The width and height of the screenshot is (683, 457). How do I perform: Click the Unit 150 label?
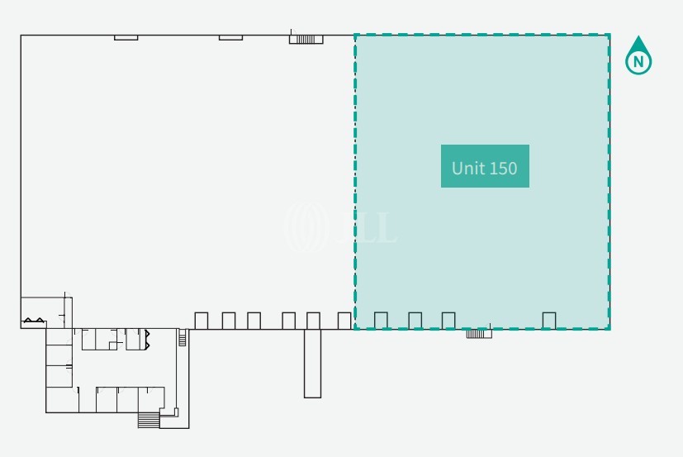tap(485, 167)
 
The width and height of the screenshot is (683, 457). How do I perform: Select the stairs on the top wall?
tap(306, 38)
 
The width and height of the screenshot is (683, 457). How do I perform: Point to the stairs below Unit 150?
tap(479, 334)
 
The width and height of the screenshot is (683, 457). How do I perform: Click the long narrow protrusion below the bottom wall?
tap(312, 363)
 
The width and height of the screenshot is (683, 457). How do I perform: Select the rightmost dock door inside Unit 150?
tap(549, 320)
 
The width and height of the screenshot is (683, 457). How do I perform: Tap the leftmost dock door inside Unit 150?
tap(381, 320)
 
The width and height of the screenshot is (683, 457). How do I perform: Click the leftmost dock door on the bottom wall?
tap(201, 320)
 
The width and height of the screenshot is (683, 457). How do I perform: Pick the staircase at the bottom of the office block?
tap(148, 420)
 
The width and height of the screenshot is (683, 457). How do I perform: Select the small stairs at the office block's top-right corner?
tap(183, 337)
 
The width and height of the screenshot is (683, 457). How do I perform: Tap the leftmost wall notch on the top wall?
tap(126, 37)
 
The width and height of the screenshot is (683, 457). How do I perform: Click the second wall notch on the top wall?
tap(230, 37)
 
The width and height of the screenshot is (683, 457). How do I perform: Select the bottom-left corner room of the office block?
tap(58, 400)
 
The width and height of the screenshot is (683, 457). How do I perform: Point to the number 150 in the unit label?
tap(503, 168)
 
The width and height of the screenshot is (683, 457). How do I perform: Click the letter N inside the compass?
tap(638, 61)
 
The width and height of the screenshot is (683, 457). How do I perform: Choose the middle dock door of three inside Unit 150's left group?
tap(415, 320)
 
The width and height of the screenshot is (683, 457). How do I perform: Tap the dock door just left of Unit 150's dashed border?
tap(344, 320)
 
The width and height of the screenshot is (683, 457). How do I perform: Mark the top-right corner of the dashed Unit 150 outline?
tap(609, 35)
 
